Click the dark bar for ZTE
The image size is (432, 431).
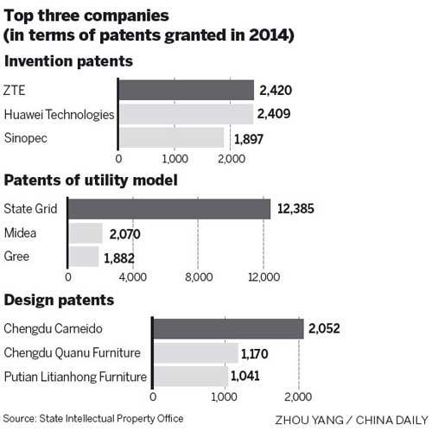click(x=186, y=91)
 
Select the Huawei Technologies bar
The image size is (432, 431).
click(x=185, y=114)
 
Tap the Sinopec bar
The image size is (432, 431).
click(x=171, y=137)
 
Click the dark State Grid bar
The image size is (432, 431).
click(x=169, y=209)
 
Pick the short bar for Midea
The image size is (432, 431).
click(x=85, y=233)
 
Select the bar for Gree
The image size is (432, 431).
click(x=83, y=257)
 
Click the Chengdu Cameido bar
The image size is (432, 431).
click(x=228, y=328)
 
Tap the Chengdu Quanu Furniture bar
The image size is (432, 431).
click(x=195, y=352)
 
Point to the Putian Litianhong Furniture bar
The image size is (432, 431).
click(x=190, y=376)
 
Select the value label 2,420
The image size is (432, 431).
click(x=274, y=91)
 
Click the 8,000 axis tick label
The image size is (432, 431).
click(x=199, y=277)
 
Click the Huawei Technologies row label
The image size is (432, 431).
click(x=59, y=114)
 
